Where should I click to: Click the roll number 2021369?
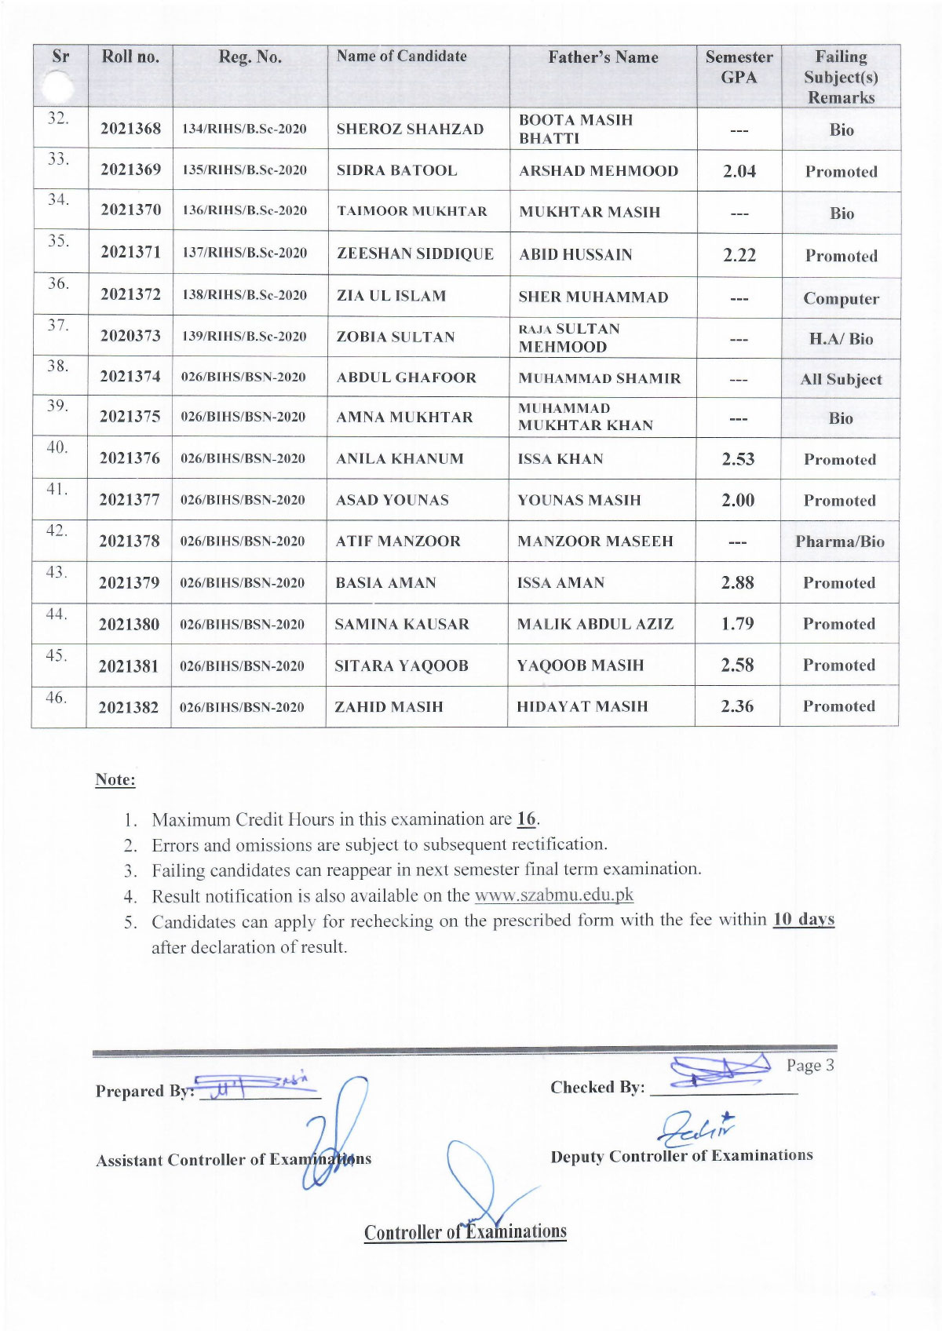pos(130,170)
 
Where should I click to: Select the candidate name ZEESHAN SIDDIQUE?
pos(415,253)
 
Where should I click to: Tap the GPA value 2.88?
pos(737,582)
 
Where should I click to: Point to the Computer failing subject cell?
pos(841,298)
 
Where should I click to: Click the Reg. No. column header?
pos(250,57)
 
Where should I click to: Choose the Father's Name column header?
pos(603,57)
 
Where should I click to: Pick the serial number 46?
pos(56,697)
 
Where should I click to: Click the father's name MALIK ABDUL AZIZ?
pos(595,624)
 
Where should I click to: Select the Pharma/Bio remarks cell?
pos(839,542)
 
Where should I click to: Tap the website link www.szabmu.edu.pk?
pos(553,895)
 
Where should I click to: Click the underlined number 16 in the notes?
pos(526,819)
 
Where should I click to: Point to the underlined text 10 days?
pos(803,919)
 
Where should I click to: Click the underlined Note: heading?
pos(115,779)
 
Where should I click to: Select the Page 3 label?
pos(810,1065)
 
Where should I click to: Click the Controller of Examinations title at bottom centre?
pos(465,1232)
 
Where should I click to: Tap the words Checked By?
pos(597,1087)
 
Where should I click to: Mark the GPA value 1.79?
pos(737,624)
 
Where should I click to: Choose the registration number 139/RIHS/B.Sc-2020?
pos(244,336)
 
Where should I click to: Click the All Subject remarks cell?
pos(841,379)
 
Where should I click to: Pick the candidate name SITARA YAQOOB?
pos(401,665)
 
